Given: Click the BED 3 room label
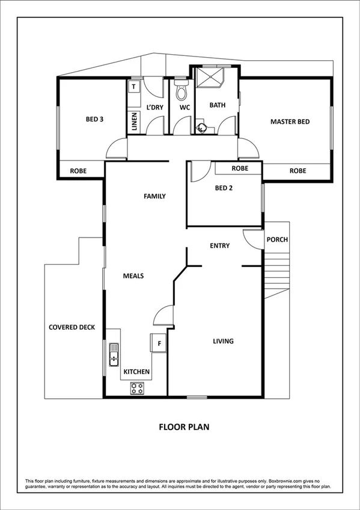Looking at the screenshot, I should pos(95,119).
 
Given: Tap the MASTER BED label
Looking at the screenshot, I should pos(290,122).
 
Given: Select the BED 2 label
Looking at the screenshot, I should pos(224,188).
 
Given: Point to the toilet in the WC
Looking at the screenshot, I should pos(180,93).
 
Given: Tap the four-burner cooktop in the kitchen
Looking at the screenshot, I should pos(137,389).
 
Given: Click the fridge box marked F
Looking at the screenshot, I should pos(159,343).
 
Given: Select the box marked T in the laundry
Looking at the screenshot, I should pos(133,87).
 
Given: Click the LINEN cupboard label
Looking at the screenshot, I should pos(135,123).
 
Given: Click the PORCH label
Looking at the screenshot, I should pos(277,240).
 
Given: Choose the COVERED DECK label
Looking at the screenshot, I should pos(72,327).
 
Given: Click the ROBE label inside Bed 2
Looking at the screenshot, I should pos(240,169).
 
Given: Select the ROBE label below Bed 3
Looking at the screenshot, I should pos(78,171).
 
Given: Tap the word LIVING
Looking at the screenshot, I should pos(223,341).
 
